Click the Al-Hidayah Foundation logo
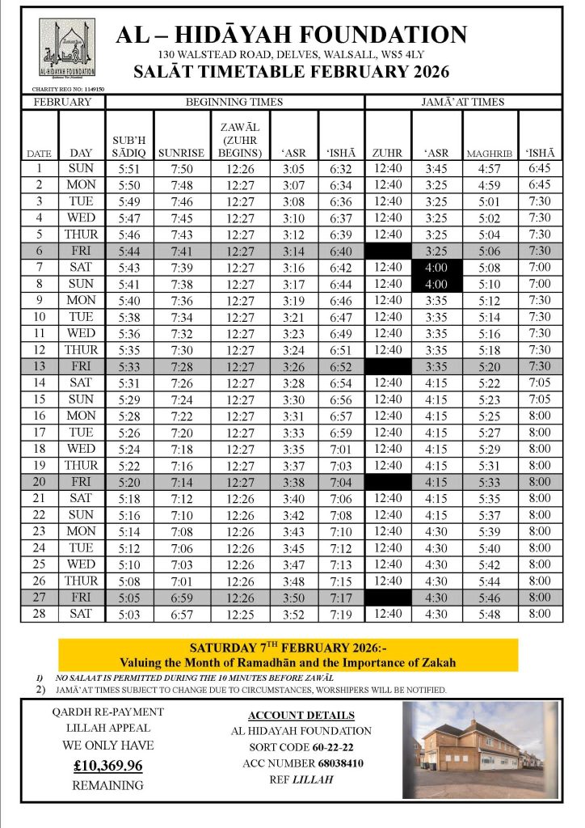tap(67, 49)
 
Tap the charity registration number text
tap(67, 89)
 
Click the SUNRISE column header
tap(181, 152)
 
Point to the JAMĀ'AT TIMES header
tap(462, 103)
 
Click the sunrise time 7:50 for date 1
tap(181, 168)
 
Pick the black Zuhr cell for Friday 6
tap(388, 251)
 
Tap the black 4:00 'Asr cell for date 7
tap(436, 268)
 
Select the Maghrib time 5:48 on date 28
tap(490, 615)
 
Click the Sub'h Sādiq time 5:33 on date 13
tap(129, 366)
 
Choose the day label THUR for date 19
tap(82, 466)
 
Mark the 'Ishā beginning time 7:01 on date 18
tap(341, 449)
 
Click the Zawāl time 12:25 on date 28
tap(240, 615)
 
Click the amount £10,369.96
tap(107, 765)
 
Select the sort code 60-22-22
tap(326, 748)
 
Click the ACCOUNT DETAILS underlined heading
tap(301, 716)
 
